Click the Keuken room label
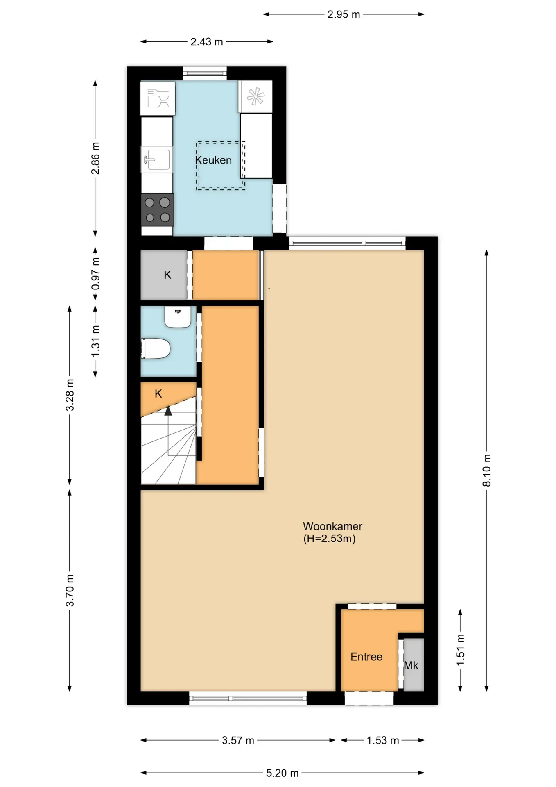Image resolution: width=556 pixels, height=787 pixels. (x=213, y=160)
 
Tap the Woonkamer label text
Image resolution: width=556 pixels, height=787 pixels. (x=332, y=526)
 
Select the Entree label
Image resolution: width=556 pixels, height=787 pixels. (x=366, y=657)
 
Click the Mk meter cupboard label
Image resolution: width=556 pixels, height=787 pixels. (x=411, y=665)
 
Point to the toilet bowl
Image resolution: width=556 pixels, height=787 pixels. (x=156, y=349)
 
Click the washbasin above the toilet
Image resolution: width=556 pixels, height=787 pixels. (x=178, y=316)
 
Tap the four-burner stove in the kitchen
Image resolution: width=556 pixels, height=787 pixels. (x=158, y=209)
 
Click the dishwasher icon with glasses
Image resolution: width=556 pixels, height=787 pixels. (x=158, y=98)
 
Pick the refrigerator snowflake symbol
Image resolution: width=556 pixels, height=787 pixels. (x=255, y=97)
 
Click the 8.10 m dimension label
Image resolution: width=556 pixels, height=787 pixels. (x=486, y=470)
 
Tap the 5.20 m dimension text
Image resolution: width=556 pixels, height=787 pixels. (x=282, y=773)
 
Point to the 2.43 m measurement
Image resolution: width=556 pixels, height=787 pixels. (x=207, y=42)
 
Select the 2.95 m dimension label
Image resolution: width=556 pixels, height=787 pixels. (x=344, y=14)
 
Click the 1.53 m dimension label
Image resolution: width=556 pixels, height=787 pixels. (x=383, y=740)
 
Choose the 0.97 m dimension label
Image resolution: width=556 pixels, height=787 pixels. (x=95, y=273)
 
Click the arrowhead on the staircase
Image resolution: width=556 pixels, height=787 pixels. (x=168, y=411)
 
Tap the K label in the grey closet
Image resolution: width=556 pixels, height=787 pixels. (x=167, y=275)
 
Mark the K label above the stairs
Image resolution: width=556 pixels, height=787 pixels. (x=158, y=394)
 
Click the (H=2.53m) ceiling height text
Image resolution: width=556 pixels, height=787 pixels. (x=330, y=539)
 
